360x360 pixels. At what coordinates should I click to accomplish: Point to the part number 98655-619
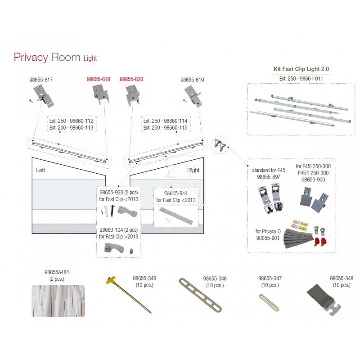pyautogui.click(x=192, y=80)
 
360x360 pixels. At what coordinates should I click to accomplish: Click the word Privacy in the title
pyautogui.click(x=31, y=57)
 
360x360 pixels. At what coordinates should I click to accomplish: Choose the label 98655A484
pyautogui.click(x=56, y=272)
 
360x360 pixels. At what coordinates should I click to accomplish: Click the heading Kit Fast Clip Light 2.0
pyautogui.click(x=301, y=69)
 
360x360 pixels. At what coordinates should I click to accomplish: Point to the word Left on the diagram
pyautogui.click(x=41, y=171)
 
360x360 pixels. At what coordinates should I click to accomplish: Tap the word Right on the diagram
pyautogui.click(x=193, y=170)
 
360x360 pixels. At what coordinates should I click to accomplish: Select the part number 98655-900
pyautogui.click(x=314, y=180)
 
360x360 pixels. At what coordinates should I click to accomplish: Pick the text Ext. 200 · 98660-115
pyautogui.click(x=165, y=127)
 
